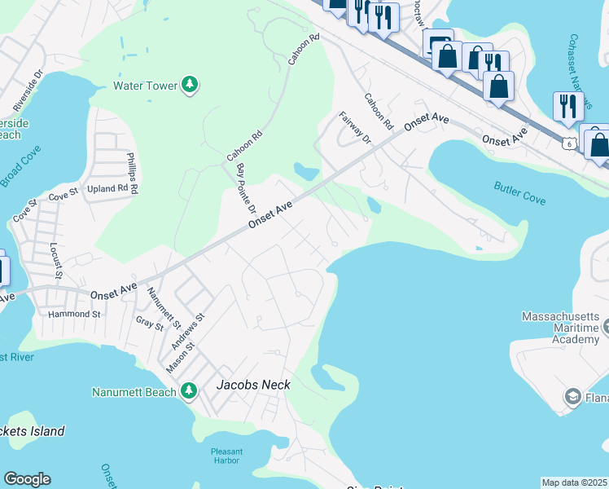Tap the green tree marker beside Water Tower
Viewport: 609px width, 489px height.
tap(190, 85)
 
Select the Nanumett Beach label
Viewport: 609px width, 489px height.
tap(134, 392)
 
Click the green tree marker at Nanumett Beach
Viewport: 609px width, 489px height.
tap(189, 391)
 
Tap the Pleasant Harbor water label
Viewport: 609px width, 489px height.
tap(226, 456)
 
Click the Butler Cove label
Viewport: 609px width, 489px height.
tap(519, 193)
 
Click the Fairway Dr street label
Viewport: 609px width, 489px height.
tap(354, 128)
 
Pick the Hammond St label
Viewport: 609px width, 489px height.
tap(73, 314)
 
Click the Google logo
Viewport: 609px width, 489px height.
tap(27, 479)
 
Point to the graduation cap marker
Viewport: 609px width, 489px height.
tap(572, 396)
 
